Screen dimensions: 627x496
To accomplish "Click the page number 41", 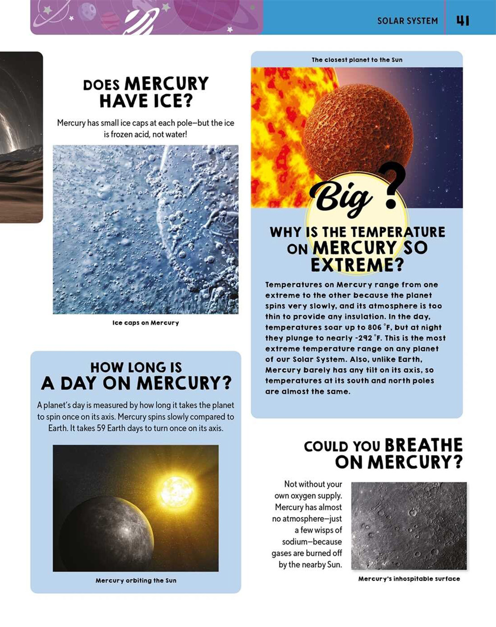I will pyautogui.click(x=462, y=21).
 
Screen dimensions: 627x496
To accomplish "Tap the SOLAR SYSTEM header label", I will pyautogui.click(x=407, y=21).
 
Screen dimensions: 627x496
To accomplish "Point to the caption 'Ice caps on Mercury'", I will pyautogui.click(x=146, y=323).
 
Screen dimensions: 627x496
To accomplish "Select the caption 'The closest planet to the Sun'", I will pyautogui.click(x=357, y=60).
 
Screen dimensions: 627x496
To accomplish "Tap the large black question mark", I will pyautogui.click(x=392, y=185).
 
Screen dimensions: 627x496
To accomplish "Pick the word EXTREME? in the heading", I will pyautogui.click(x=357, y=266).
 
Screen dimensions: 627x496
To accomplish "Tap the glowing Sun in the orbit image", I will pyautogui.click(x=176, y=490).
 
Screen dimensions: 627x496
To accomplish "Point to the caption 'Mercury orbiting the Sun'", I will pyautogui.click(x=136, y=580).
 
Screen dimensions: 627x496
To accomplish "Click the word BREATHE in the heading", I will pyautogui.click(x=423, y=446).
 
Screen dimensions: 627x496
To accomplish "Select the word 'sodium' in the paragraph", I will pyautogui.click(x=298, y=541).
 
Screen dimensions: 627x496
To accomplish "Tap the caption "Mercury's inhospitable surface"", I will pyautogui.click(x=409, y=579).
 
